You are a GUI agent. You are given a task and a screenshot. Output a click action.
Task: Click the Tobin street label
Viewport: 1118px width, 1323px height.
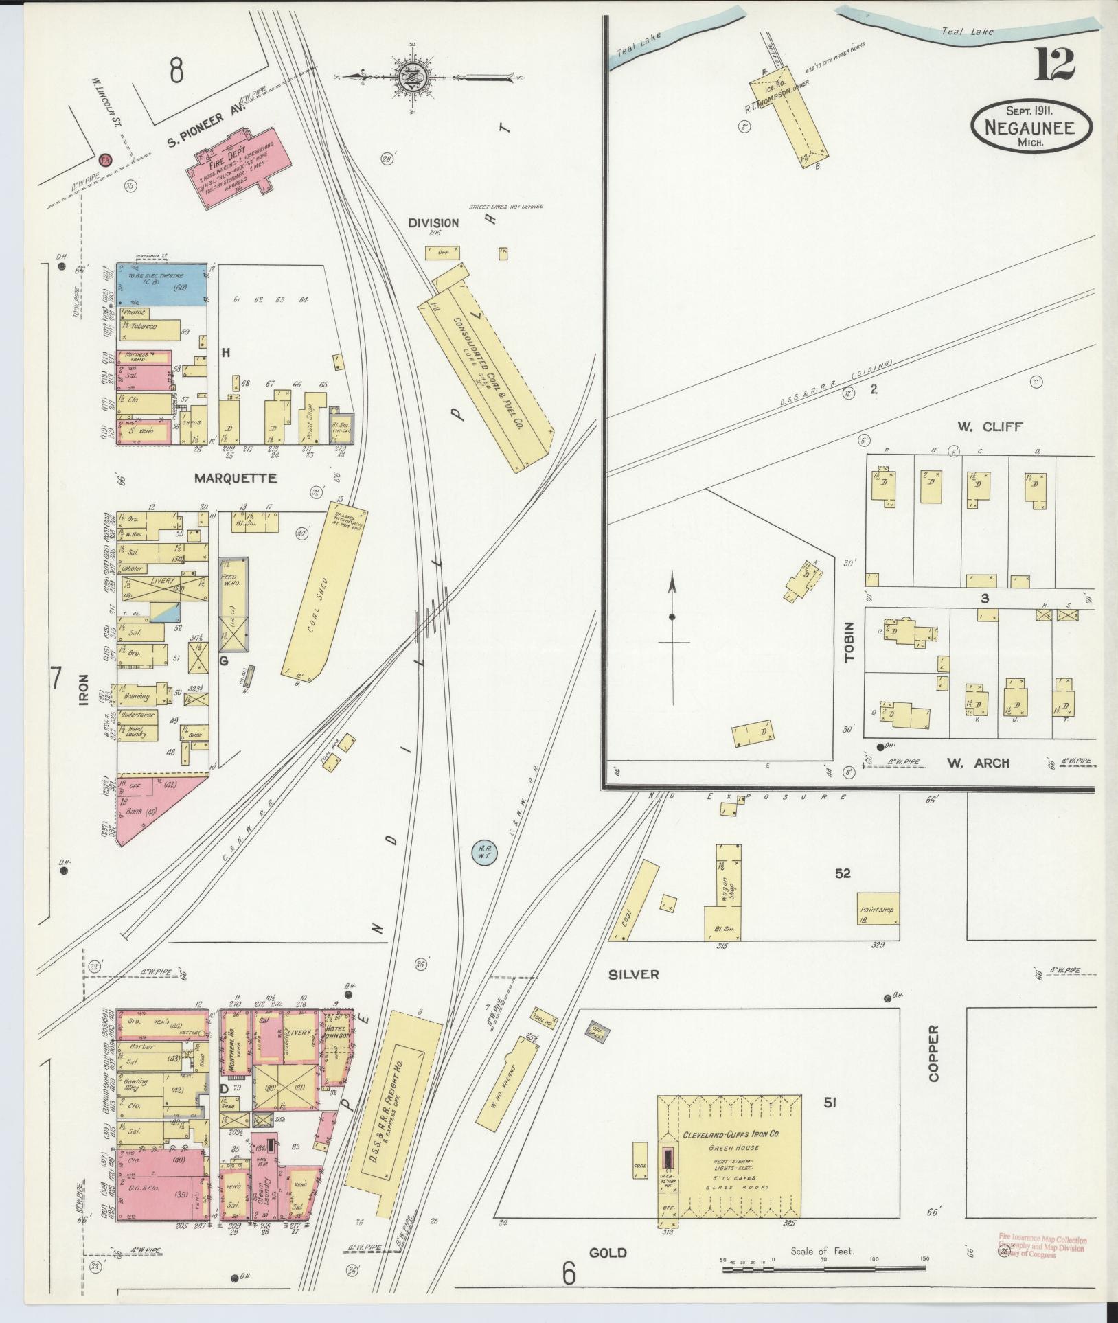pyautogui.click(x=849, y=641)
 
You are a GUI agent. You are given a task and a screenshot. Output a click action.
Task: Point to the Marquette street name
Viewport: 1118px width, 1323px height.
pyautogui.click(x=236, y=478)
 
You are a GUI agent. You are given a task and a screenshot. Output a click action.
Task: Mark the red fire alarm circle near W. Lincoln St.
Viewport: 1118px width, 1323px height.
pyautogui.click(x=105, y=159)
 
